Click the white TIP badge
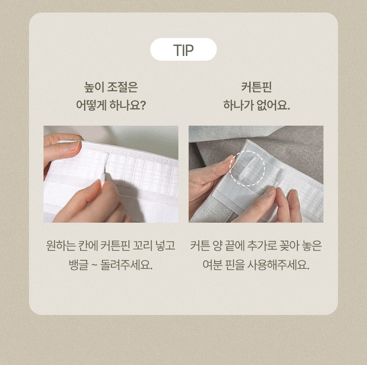[183, 50]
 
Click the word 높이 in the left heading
[93, 87]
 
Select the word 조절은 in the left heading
[122, 87]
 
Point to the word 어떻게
[91, 105]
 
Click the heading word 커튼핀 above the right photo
[256, 87]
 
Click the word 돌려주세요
[126, 265]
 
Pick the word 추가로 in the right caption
[262, 246]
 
